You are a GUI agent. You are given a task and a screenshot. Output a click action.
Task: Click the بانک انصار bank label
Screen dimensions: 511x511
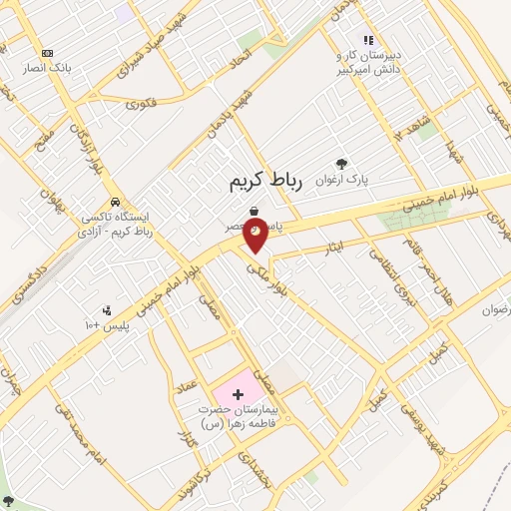click(46, 70)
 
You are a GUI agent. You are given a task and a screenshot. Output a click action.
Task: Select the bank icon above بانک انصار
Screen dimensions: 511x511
click(46, 53)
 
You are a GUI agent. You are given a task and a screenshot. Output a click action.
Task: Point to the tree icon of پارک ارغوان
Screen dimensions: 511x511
click(342, 163)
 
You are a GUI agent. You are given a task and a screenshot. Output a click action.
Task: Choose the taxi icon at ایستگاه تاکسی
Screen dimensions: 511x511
click(118, 201)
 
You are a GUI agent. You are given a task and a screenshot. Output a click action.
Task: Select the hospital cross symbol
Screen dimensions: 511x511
click(237, 395)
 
